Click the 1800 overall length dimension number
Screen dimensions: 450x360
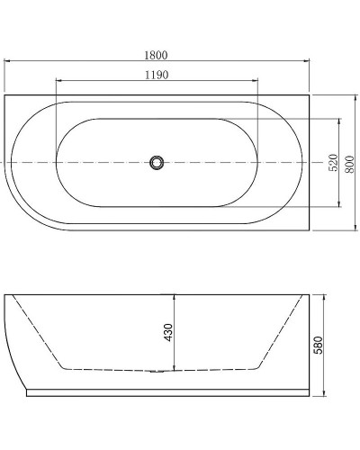pos(156,55)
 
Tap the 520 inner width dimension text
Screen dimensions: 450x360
pos(332,163)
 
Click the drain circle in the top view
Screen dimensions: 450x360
pos(157,163)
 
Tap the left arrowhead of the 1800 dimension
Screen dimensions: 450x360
pos(7,63)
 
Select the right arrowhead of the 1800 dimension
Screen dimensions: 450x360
pos(307,63)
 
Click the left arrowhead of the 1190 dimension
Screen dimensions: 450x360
pos(58,85)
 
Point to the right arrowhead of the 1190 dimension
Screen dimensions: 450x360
pos(257,85)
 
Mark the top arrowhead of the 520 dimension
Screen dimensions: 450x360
pos(339,120)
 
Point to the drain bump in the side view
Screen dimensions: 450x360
pos(157,371)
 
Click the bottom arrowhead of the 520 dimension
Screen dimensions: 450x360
pos(339,205)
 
